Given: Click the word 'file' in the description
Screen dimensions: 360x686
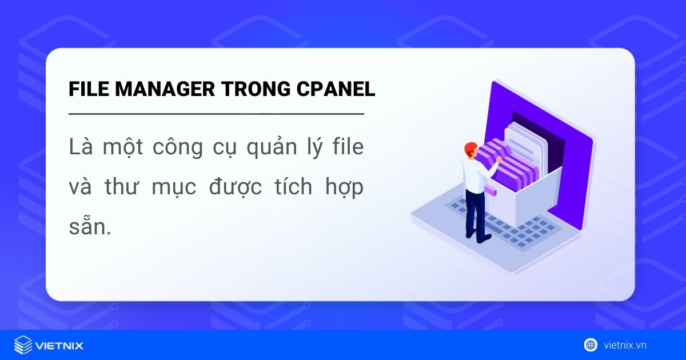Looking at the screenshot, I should (346, 147).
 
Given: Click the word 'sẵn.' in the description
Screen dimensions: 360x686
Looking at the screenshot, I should (89, 227).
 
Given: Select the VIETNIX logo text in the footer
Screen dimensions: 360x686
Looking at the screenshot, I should (59, 345).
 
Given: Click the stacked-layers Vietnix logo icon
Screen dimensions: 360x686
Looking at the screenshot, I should (23, 345).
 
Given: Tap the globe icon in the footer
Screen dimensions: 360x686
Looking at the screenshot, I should (591, 345).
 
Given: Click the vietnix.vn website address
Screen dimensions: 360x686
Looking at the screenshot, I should (625, 345).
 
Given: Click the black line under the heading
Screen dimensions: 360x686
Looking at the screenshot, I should (216, 114).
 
